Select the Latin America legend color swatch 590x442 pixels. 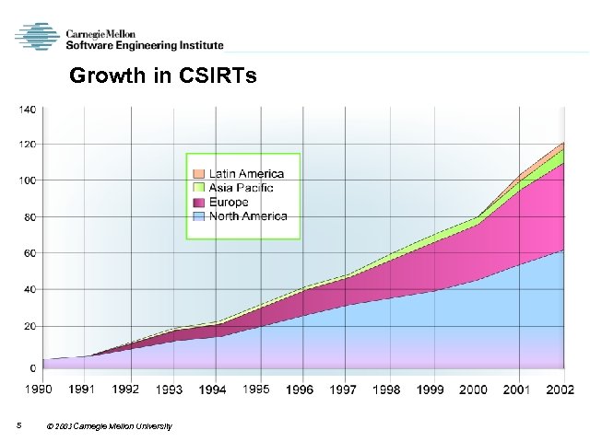pyautogui.click(x=198, y=174)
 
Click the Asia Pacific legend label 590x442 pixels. pyautogui.click(x=241, y=188)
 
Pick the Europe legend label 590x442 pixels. pyautogui.click(x=229, y=202)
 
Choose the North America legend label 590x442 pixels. pyautogui.click(x=248, y=216)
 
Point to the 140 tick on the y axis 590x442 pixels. pyautogui.click(x=27, y=109)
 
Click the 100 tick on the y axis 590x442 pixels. pyautogui.click(x=27, y=180)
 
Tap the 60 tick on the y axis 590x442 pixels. pyautogui.click(x=29, y=252)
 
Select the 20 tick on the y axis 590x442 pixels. pyautogui.click(x=29, y=326)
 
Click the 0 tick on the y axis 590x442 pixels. pyautogui.click(x=32, y=367)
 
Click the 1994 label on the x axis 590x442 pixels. pyautogui.click(x=212, y=390)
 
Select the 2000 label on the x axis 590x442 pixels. pyautogui.click(x=472, y=390)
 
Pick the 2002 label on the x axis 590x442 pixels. pyautogui.click(x=560, y=390)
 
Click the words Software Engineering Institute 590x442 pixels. pyautogui.click(x=144, y=44)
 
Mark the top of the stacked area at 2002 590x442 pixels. pyautogui.click(x=563, y=143)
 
